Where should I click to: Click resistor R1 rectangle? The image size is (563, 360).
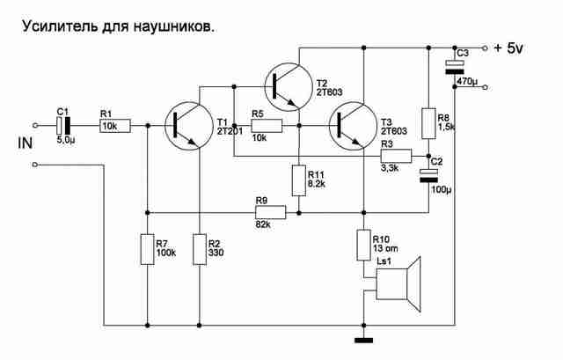coord(115,126)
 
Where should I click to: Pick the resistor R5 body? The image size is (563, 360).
coord(267,126)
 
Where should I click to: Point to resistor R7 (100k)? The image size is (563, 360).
coord(147,249)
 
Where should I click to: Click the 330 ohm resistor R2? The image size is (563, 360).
coord(200,249)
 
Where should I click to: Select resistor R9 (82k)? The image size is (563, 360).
coord(271,212)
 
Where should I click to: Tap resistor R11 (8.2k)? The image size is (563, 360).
coord(299,180)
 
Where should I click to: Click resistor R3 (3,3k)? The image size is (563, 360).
coord(396,156)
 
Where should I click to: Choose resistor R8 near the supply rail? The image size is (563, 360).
coord(428,123)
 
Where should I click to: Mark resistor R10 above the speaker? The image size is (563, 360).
coord(363,245)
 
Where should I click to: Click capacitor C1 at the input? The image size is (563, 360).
coord(63,125)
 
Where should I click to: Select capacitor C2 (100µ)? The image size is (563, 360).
coord(428,176)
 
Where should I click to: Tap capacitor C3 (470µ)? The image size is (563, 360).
coord(455,67)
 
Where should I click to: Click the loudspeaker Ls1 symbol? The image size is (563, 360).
coord(398,284)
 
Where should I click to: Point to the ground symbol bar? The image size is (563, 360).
coord(363,341)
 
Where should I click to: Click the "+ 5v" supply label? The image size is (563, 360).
coord(508,48)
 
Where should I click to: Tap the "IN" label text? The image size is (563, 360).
coord(26,143)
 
